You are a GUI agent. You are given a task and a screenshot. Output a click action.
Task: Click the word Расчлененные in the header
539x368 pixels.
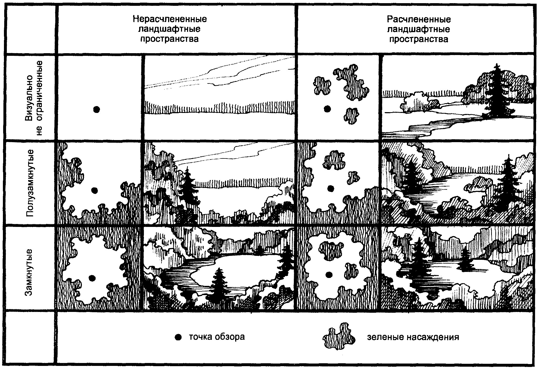point(419,19)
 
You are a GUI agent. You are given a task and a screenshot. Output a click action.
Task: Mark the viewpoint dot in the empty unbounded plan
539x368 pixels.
point(97,109)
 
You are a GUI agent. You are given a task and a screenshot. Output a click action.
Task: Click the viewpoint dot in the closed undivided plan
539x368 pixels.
point(92,278)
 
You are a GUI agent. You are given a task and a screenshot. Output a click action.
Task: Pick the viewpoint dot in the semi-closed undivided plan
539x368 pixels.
point(94,190)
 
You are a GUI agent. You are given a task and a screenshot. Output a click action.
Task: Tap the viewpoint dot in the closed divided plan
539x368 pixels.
point(329,275)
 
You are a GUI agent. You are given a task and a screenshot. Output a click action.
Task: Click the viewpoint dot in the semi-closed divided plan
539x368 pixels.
point(331,188)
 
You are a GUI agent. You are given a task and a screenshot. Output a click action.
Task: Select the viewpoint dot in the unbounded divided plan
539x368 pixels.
point(327,108)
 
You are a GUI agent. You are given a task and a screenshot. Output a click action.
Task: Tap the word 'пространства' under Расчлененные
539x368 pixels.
point(419,39)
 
